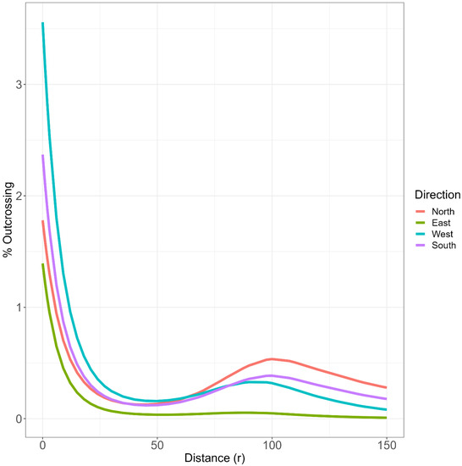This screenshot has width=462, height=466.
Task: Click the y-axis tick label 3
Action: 20,85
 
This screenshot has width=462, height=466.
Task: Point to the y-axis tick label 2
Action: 20,196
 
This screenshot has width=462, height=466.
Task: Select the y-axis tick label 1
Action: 20,308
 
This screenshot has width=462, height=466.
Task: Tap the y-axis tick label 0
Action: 20,419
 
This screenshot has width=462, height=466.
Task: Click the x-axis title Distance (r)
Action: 214,458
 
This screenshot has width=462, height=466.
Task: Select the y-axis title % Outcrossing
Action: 8,221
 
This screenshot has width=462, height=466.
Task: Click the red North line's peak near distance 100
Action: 271,359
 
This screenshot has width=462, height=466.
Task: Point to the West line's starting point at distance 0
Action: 42,23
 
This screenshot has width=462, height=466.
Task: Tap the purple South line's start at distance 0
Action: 42,155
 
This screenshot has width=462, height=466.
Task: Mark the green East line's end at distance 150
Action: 386,418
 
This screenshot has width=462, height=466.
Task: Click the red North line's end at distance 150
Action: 386,387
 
